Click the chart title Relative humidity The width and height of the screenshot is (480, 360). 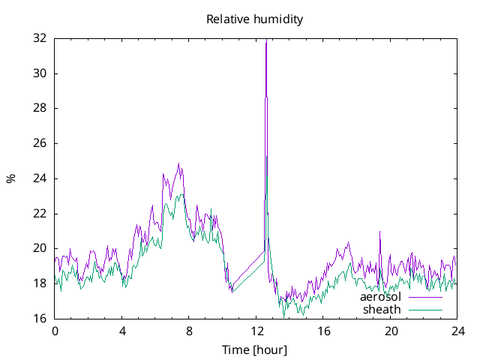[x=255, y=19]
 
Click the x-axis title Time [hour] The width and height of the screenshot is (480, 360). [x=254, y=349]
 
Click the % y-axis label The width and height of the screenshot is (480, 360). [x=10, y=178]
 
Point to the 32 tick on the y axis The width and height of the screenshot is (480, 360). [x=40, y=38]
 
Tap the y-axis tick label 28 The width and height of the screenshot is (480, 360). [x=40, y=108]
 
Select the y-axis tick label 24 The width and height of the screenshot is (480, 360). [x=40, y=178]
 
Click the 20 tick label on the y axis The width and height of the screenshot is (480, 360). [x=40, y=248]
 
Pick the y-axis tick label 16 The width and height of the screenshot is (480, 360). [x=40, y=319]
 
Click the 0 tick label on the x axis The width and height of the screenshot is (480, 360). [x=55, y=331]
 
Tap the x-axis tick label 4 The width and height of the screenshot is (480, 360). [x=121, y=331]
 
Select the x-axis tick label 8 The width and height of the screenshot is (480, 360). [x=189, y=331]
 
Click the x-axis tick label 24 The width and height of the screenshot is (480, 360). [x=457, y=331]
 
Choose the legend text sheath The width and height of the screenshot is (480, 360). [x=382, y=309]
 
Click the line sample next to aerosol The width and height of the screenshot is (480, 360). [x=425, y=298]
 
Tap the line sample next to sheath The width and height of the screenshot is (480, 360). [x=425, y=310]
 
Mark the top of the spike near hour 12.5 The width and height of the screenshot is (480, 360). [x=266, y=41]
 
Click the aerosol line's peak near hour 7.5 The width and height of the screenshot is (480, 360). [x=178, y=163]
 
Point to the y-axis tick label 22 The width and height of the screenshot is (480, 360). [x=40, y=214]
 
